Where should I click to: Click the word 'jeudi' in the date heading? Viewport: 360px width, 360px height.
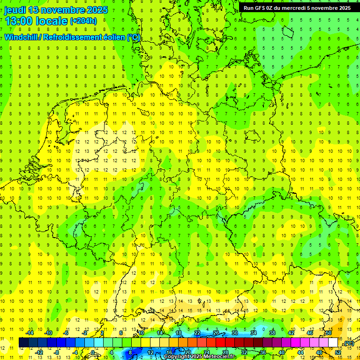click(x=15, y=10)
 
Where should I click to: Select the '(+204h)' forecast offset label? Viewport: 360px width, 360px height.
click(x=83, y=21)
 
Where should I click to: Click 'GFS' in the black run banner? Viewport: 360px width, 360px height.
click(x=261, y=7)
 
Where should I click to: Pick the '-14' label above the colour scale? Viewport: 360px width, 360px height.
click(x=29, y=333)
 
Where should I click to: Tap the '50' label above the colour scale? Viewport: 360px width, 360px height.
click(x=328, y=333)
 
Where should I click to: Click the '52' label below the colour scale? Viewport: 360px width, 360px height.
click(x=338, y=352)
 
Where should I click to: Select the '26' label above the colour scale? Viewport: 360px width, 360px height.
click(x=216, y=333)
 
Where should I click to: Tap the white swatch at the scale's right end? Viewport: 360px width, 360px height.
click(x=333, y=343)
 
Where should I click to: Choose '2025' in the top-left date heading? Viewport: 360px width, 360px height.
click(x=97, y=10)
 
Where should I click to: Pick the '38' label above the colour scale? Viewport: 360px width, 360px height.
click(x=272, y=333)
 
